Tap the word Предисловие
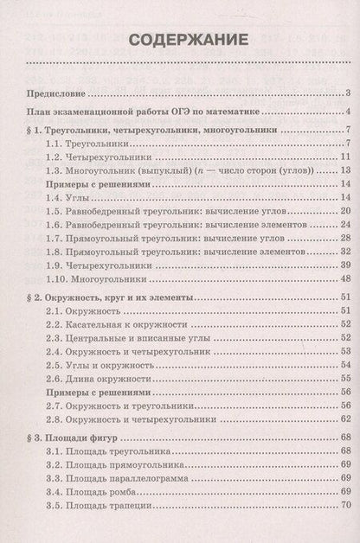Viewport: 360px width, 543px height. pos(54,93)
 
